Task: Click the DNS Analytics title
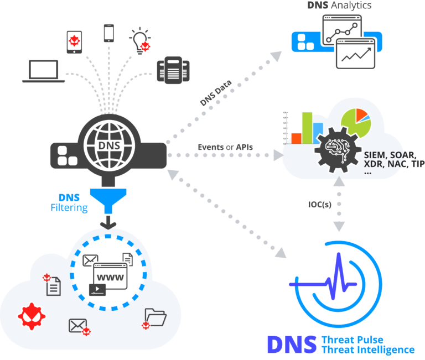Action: tap(340, 6)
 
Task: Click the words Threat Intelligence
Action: tap(367, 349)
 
